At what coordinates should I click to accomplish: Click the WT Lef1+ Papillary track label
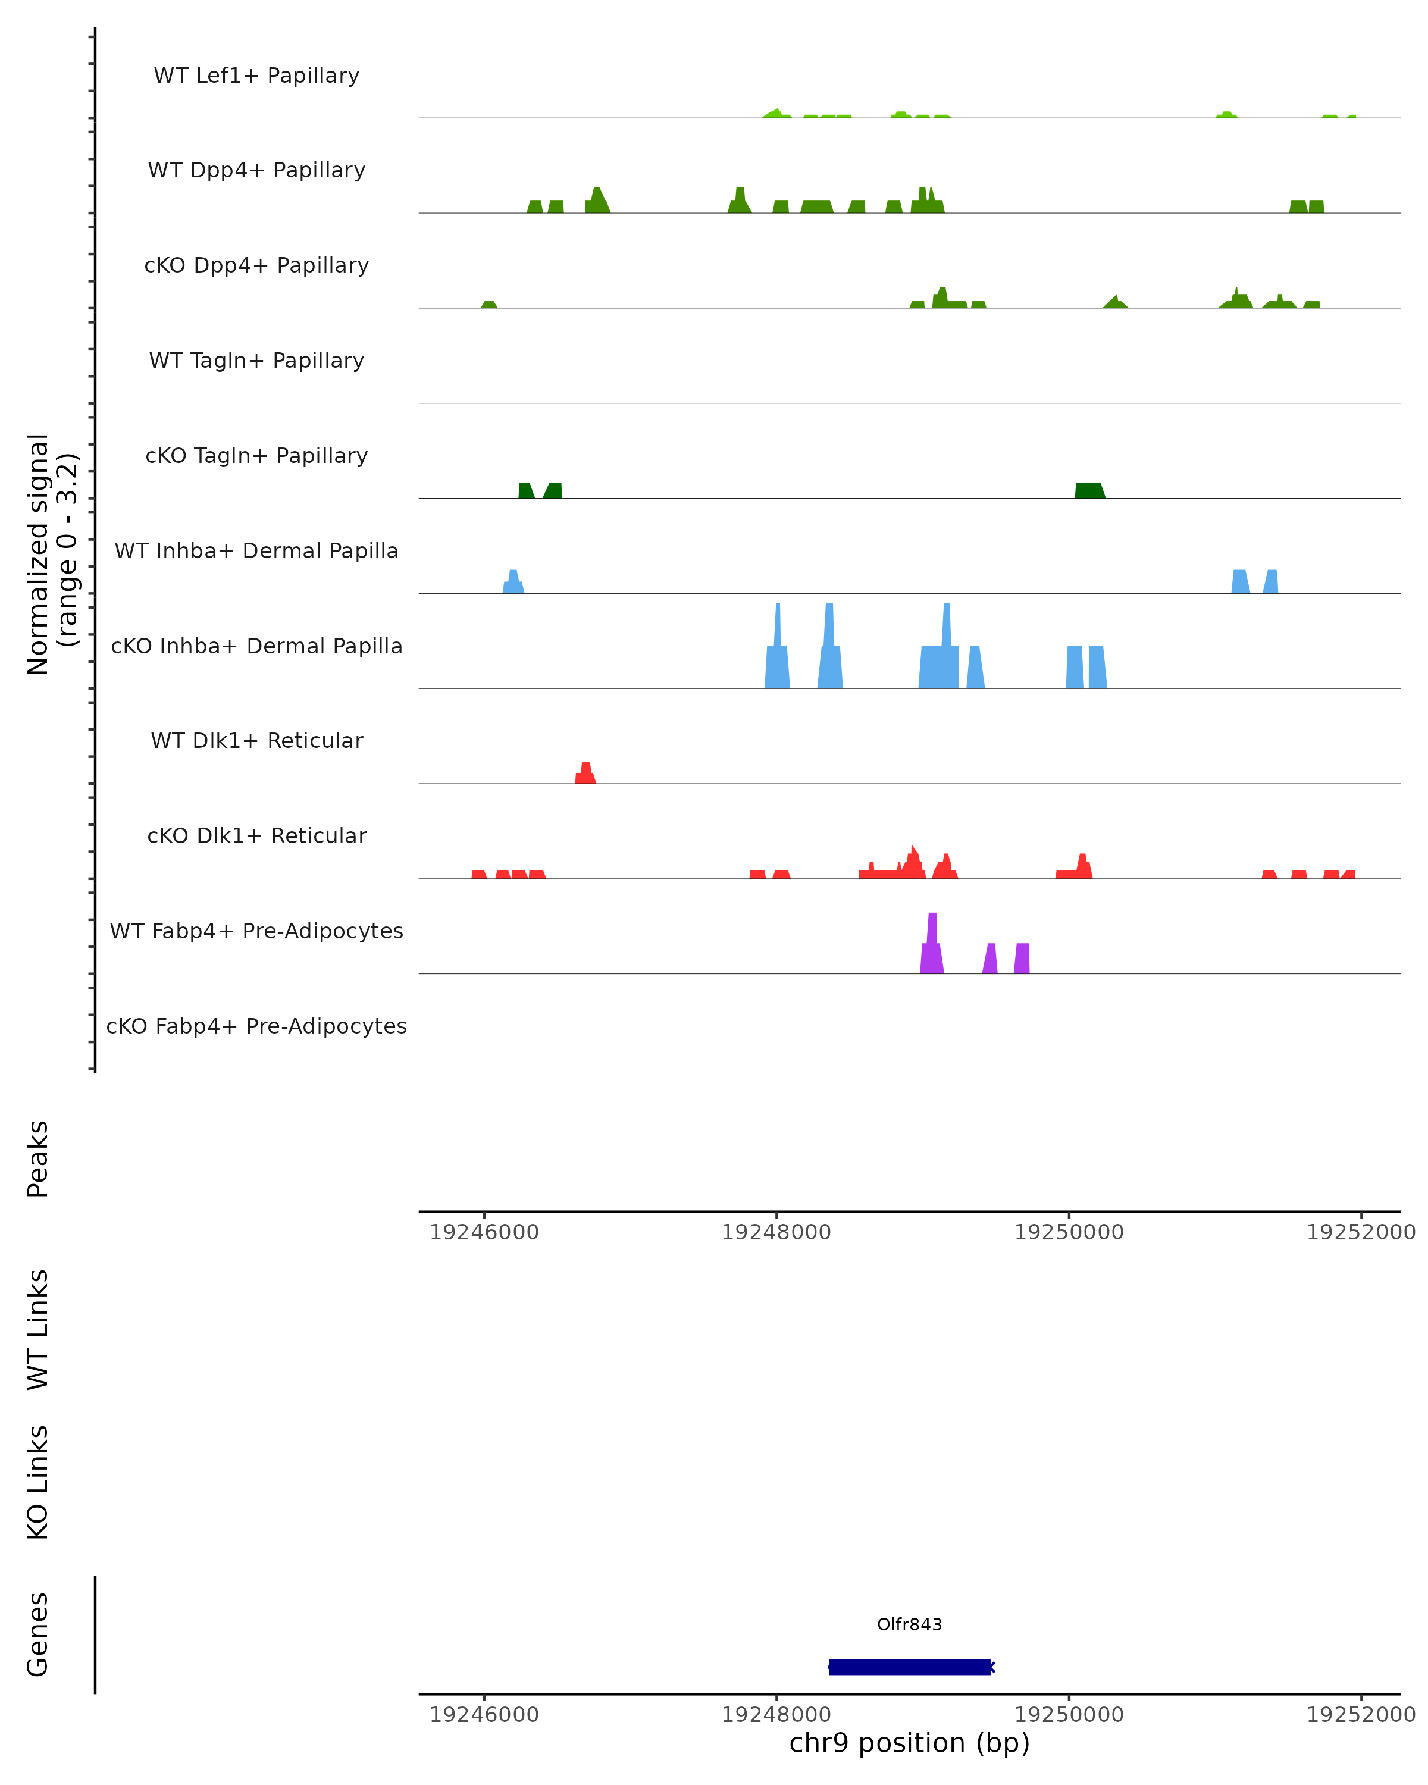pyautogui.click(x=256, y=76)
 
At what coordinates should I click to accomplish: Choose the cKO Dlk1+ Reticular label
pyautogui.click(x=256, y=835)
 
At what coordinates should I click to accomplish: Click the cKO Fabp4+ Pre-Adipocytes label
pyautogui.click(x=256, y=1026)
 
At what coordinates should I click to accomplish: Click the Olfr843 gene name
pyautogui.click(x=909, y=1624)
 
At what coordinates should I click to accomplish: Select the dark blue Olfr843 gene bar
pyautogui.click(x=909, y=1667)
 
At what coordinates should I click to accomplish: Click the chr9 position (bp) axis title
pyautogui.click(x=909, y=1743)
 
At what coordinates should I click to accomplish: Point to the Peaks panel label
pyautogui.click(x=38, y=1158)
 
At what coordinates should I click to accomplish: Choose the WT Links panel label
pyautogui.click(x=38, y=1329)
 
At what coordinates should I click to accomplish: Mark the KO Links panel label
pyautogui.click(x=38, y=1482)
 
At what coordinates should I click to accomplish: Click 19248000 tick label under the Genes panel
pyautogui.click(x=776, y=1714)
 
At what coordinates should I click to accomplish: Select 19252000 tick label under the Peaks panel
pyautogui.click(x=1360, y=1232)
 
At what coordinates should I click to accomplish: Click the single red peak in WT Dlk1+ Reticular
pyautogui.click(x=585, y=773)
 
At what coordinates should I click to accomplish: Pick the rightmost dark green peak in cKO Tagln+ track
pyautogui.click(x=1089, y=490)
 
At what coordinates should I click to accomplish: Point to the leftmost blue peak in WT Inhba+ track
pyautogui.click(x=513, y=582)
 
